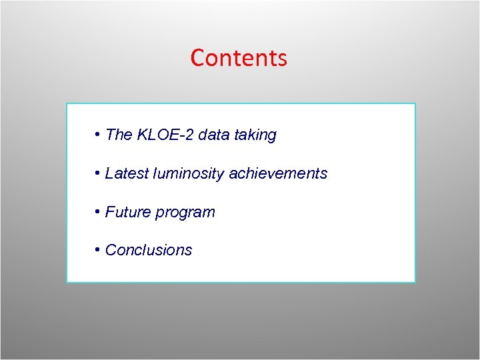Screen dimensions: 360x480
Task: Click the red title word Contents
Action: (239, 58)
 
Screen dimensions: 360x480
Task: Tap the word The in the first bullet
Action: (119, 135)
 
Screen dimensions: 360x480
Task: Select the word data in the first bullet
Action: (213, 135)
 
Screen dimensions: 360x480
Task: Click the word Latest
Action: (127, 174)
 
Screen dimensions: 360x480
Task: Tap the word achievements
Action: (278, 174)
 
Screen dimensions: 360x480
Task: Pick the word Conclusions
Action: (149, 251)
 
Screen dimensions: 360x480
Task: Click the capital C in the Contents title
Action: (197, 58)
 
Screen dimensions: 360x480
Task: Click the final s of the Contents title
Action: (283, 60)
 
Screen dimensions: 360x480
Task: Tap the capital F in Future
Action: (110, 213)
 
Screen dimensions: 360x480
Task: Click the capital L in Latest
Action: (109, 174)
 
